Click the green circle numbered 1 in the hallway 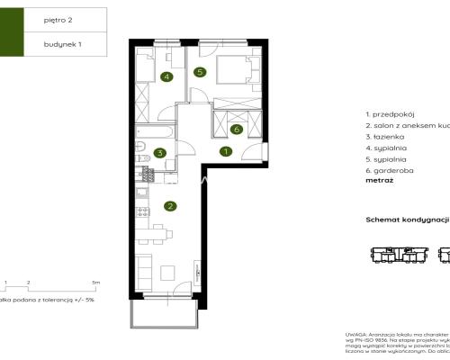coord(225,151)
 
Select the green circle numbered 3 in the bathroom coord(159,153)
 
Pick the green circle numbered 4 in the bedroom coord(166,76)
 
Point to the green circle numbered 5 coord(200,71)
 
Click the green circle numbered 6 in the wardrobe coord(236,129)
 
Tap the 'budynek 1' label coord(61,43)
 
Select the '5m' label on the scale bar coord(94,282)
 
